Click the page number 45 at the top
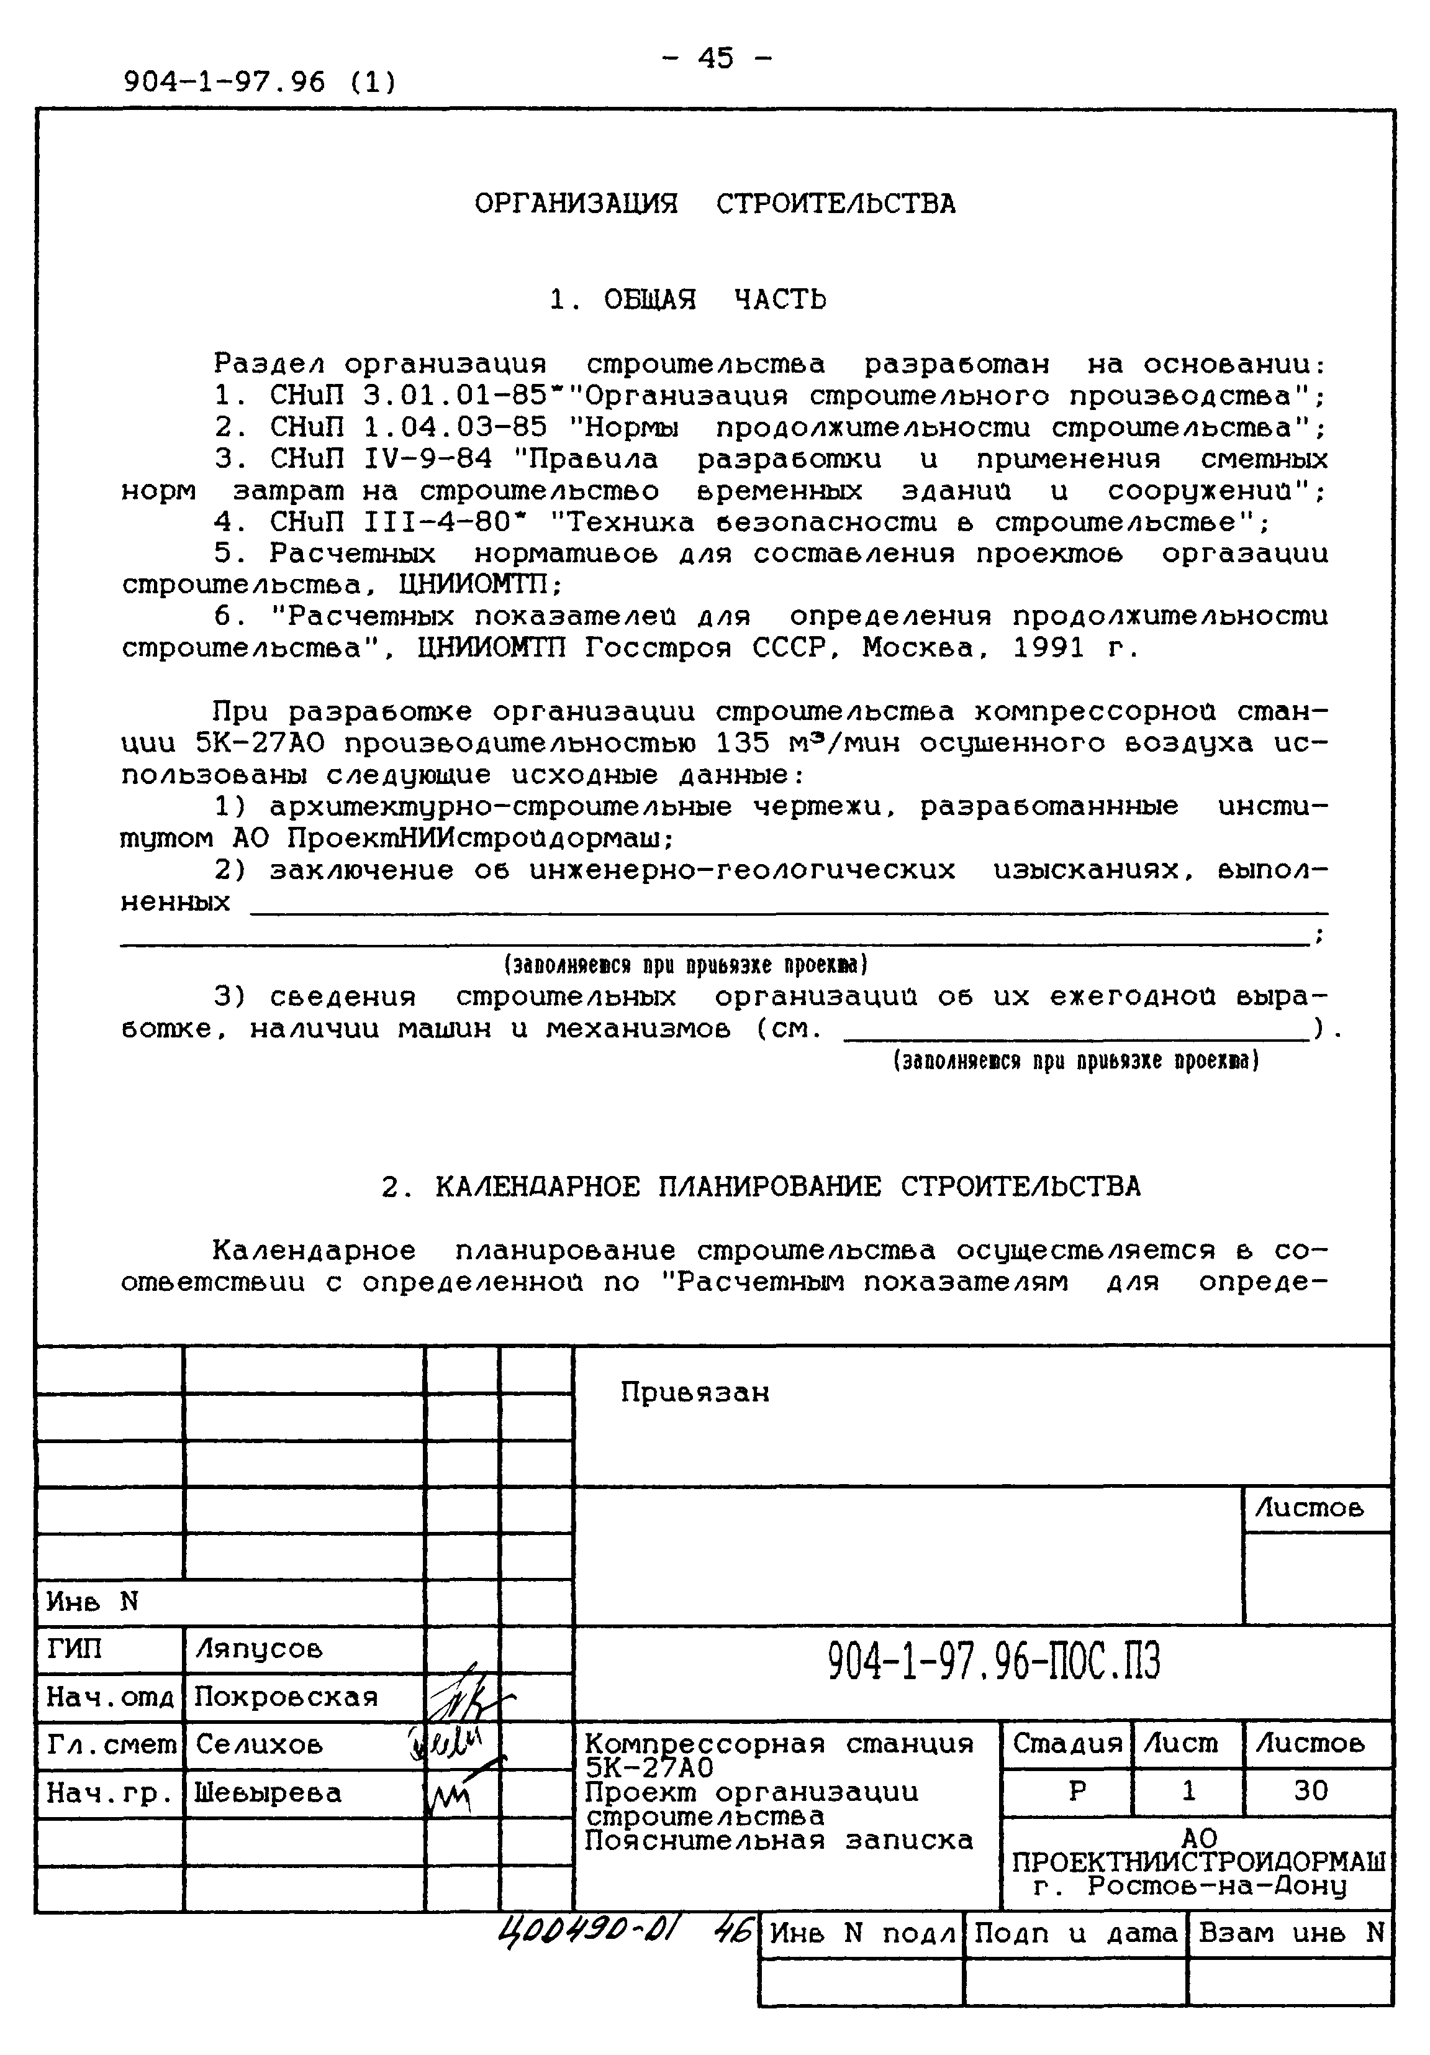(715, 58)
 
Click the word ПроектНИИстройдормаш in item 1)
(479, 839)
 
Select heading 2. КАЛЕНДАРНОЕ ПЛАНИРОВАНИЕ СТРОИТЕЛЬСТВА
(761, 1187)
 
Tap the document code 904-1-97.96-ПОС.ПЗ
(993, 1662)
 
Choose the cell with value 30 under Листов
(1310, 1791)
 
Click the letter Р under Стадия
(1077, 1791)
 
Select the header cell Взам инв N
(1290, 1933)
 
